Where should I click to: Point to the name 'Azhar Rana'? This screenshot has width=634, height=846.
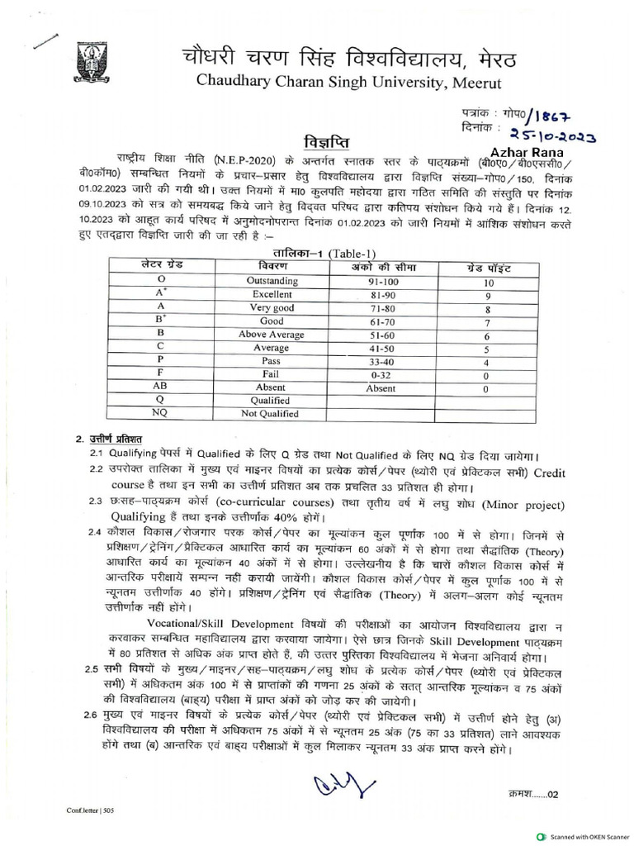pos(526,153)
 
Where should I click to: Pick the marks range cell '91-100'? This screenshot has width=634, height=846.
pos(381,281)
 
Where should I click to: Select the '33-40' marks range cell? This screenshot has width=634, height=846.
pos(381,361)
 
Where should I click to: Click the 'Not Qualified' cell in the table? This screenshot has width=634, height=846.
pos(270,414)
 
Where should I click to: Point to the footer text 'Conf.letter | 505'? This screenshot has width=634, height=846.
pos(91,810)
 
